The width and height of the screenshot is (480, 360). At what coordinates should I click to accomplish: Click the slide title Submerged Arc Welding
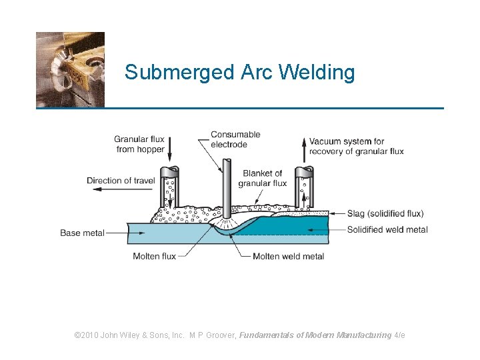(239, 72)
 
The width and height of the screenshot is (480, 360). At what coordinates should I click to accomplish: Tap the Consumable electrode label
(235, 139)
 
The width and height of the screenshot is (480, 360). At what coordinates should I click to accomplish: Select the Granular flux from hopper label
(140, 144)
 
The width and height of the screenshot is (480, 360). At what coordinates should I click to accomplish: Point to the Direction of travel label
(121, 180)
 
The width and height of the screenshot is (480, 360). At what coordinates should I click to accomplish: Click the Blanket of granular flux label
(263, 178)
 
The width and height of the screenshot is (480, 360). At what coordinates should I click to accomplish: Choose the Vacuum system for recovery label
(357, 146)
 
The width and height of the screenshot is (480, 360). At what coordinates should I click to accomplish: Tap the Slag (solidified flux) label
(385, 214)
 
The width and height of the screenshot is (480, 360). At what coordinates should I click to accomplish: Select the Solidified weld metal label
(387, 230)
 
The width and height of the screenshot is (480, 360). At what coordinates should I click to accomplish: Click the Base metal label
(82, 233)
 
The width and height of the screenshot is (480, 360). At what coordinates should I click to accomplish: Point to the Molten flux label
(155, 256)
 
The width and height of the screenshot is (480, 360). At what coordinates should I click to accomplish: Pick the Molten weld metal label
(289, 256)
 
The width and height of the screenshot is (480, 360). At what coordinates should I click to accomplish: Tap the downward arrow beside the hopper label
(170, 145)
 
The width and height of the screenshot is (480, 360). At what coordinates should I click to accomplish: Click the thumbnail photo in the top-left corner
(70, 69)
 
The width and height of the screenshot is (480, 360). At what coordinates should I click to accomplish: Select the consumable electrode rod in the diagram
(227, 187)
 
